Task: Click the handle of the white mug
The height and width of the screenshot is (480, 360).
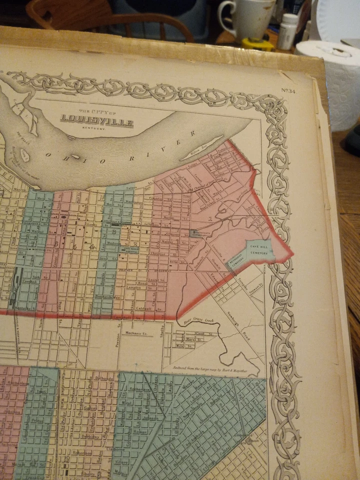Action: [223, 12]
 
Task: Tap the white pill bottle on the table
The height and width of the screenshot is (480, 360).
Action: [288, 31]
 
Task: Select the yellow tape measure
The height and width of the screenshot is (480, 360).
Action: [258, 43]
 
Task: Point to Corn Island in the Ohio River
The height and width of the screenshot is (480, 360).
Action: [25, 156]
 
